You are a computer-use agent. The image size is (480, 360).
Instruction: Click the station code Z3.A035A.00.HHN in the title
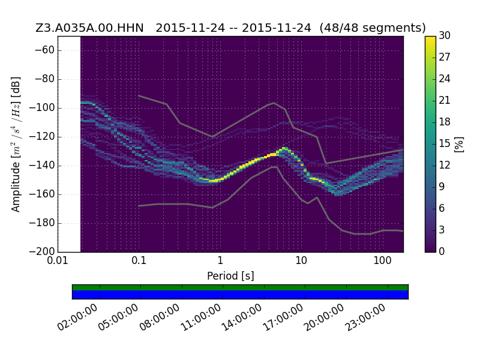tap(89, 28)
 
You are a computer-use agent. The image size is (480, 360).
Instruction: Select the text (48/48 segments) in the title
tap(373, 28)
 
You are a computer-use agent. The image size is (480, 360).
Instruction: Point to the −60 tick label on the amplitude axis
tap(44, 50)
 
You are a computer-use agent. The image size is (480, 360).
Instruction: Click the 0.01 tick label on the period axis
tap(58, 261)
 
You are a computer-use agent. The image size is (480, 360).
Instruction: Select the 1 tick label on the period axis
tap(220, 261)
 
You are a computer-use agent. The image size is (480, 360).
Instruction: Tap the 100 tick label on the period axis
tap(382, 261)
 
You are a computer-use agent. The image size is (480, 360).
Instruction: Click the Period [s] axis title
tap(230, 276)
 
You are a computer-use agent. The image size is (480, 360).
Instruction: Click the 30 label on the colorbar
tap(445, 35)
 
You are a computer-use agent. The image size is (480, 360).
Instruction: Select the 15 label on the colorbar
tap(445, 143)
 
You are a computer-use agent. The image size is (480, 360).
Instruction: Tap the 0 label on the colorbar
tap(442, 251)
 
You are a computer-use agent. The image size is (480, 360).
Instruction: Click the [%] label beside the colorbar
tap(459, 144)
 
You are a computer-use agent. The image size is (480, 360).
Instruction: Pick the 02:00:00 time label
tap(78, 317)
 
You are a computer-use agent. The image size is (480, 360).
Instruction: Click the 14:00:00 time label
tap(242, 317)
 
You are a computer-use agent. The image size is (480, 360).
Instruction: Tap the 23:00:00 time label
tap(365, 317)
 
